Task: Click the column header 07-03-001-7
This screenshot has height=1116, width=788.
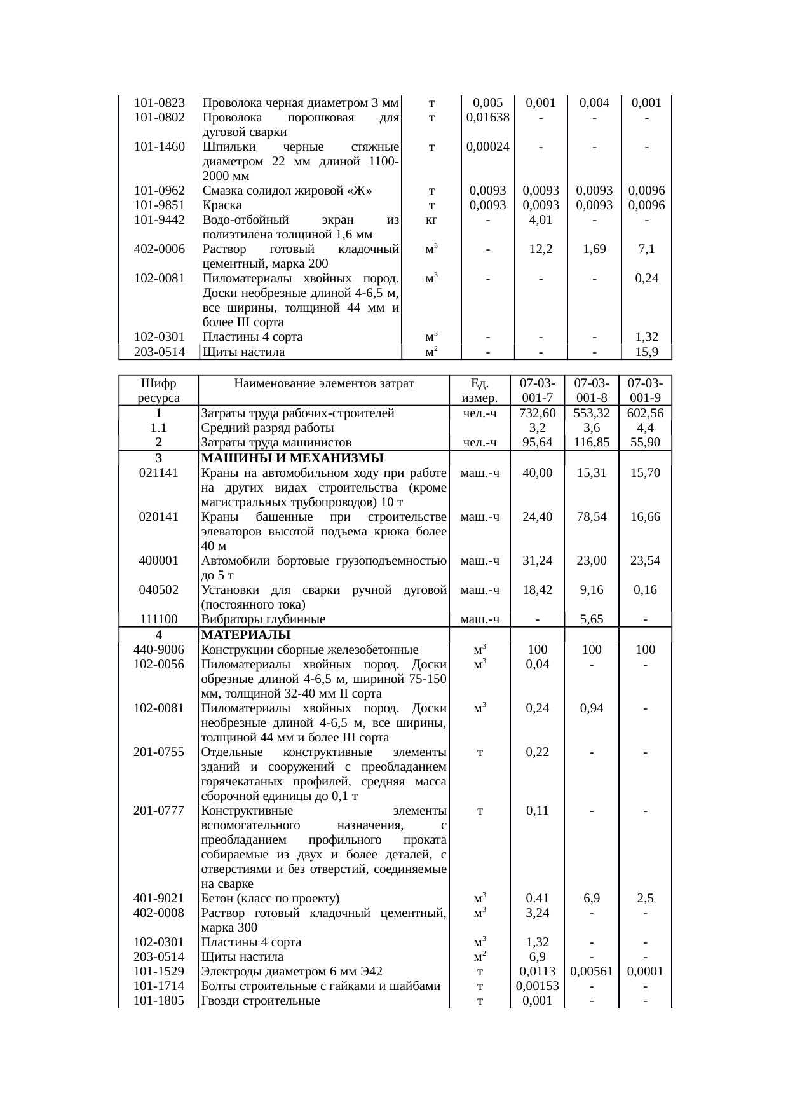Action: (x=538, y=390)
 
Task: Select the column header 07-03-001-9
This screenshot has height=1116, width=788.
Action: (x=645, y=390)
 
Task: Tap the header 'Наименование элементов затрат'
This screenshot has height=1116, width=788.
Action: (x=323, y=383)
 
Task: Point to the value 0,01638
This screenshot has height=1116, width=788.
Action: (x=487, y=118)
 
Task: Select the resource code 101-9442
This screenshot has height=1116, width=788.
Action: (x=160, y=220)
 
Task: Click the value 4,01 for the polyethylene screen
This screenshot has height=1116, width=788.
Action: (x=540, y=220)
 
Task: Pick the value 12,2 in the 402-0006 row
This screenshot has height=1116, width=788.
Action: (x=540, y=249)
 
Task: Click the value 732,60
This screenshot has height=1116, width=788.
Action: (x=538, y=413)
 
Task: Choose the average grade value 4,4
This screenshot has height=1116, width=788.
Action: (x=645, y=428)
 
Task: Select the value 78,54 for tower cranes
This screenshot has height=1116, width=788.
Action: (x=592, y=517)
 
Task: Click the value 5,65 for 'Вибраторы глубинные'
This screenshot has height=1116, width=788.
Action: (x=592, y=619)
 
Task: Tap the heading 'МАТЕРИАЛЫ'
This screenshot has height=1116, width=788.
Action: (x=245, y=635)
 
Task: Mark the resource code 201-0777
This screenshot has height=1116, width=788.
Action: (x=159, y=811)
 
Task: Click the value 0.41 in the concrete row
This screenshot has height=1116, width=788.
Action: (x=538, y=899)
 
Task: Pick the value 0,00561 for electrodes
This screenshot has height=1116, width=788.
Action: (x=592, y=972)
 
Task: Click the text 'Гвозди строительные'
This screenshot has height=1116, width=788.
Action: (x=260, y=1001)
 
